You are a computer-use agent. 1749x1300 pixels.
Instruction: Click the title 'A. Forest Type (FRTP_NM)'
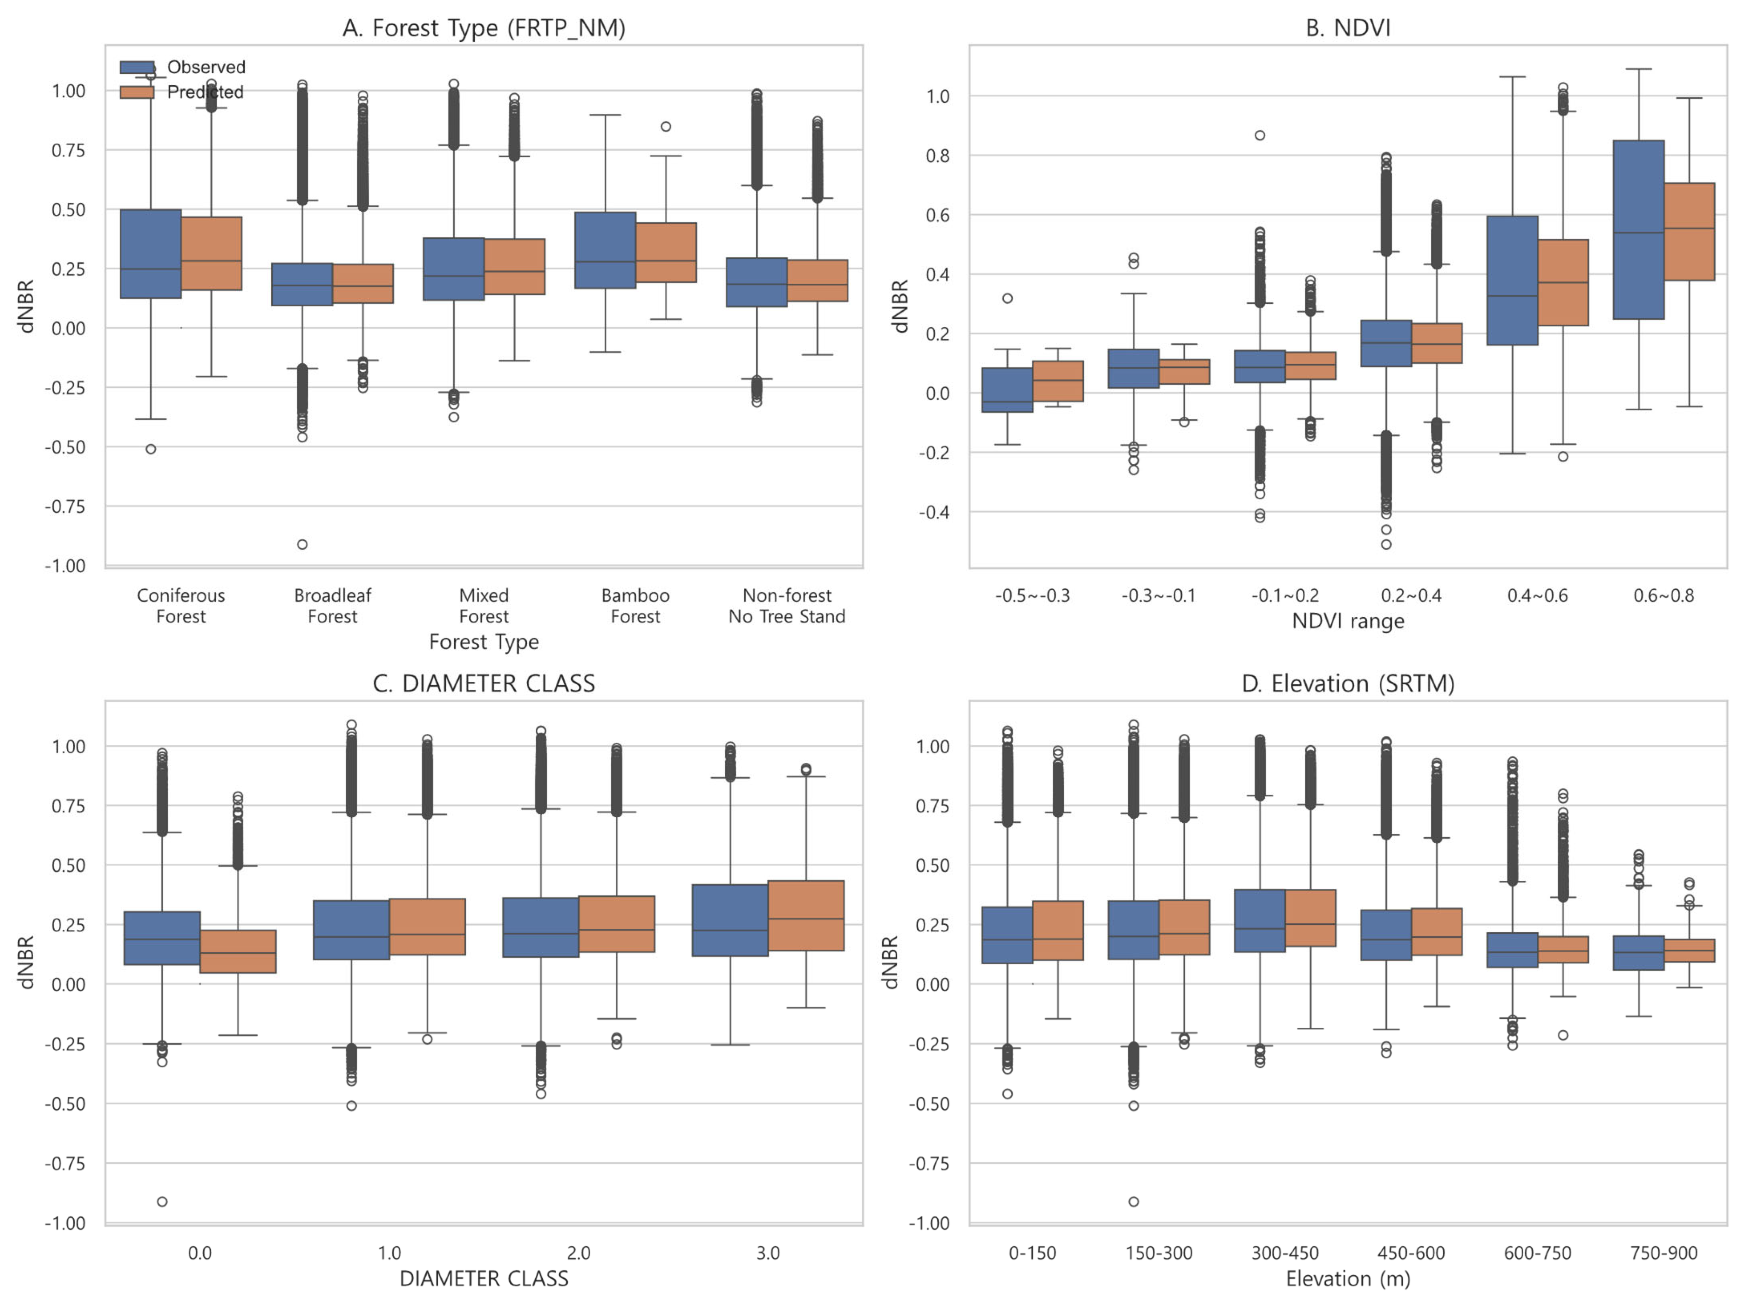[484, 28]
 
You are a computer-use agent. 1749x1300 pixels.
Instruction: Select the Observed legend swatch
[137, 67]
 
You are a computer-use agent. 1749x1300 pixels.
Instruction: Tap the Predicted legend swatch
[137, 92]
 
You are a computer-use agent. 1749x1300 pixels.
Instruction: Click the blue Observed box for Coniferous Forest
[151, 254]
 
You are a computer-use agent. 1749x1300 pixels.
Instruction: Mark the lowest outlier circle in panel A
[302, 544]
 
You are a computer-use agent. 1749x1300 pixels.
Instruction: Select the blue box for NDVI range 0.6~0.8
[1638, 230]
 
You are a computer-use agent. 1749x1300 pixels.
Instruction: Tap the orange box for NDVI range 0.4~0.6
[1562, 282]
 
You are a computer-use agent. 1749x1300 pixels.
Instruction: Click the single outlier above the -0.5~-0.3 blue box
[1008, 298]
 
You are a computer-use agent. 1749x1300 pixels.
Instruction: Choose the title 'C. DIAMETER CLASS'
[484, 683]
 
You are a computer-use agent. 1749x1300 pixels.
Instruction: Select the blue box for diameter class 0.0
[162, 937]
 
